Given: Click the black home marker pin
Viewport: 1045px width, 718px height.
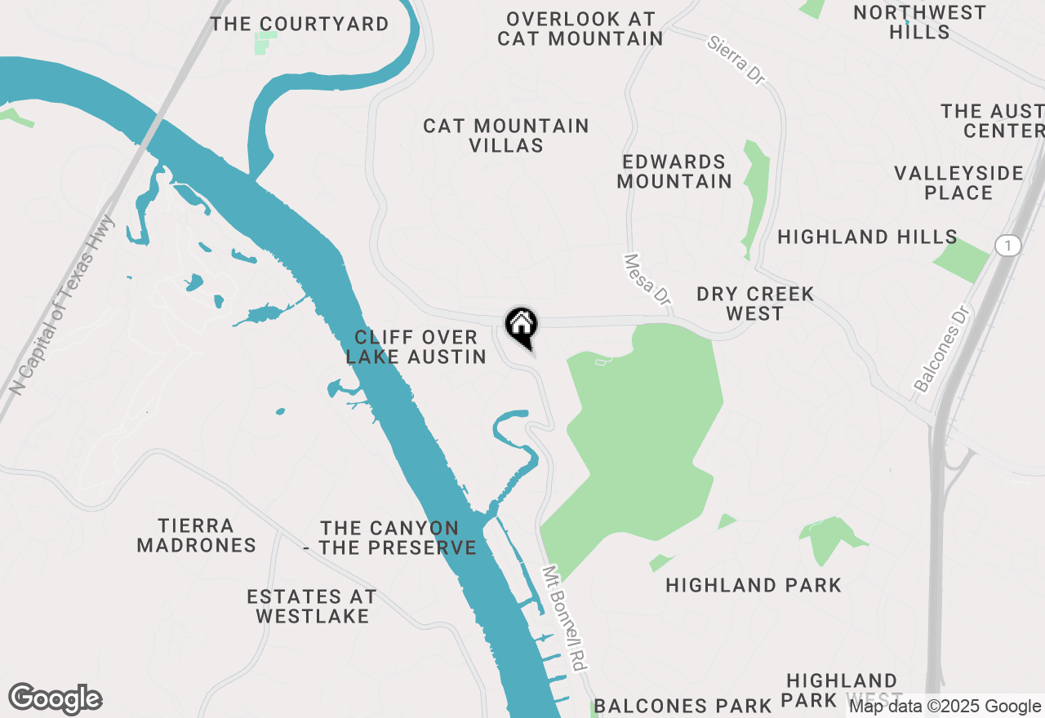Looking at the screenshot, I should pos(522,326).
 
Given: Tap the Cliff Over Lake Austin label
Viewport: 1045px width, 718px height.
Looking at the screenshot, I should pos(416,347).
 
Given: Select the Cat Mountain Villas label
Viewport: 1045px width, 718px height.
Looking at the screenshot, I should pos(506,135).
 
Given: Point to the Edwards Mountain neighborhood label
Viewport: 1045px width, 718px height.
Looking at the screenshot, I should pos(674,171).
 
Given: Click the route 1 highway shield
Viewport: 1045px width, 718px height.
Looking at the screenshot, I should pos(1008,245).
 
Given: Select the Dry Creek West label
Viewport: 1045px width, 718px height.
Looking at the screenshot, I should pos(755,304).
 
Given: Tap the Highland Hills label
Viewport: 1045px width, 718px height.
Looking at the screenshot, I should pos(867,237).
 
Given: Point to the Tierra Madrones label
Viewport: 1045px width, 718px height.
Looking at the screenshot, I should pos(197,535).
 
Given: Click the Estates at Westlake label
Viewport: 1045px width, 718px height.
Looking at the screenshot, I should pos(312,606).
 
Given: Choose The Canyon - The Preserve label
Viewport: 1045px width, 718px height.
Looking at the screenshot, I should pos(390,538).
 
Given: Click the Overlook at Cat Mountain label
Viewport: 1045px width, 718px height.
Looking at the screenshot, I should pos(580,28).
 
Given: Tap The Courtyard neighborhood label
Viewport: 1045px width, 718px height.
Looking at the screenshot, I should pos(300,24).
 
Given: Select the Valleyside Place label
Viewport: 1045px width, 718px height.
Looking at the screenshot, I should pos(958,183).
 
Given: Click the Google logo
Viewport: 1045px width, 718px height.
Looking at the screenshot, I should pos(55,699).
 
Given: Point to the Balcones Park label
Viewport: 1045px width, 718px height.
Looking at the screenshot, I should pos(683,705).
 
